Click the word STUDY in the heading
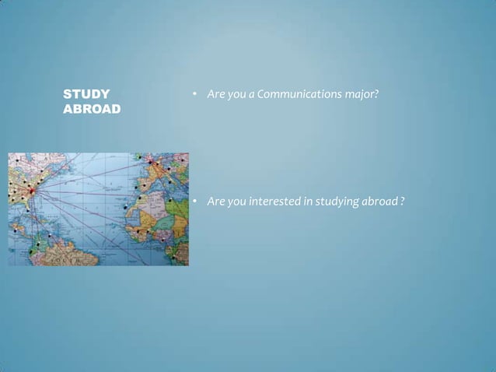86,95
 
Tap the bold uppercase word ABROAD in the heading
92,110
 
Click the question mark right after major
376,95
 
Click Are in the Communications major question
215,95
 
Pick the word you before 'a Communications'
236,95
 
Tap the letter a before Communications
251,95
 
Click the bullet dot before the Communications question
194,95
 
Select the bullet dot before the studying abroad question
194,202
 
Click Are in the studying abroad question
215,202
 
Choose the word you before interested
236,202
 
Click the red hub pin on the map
32,190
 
